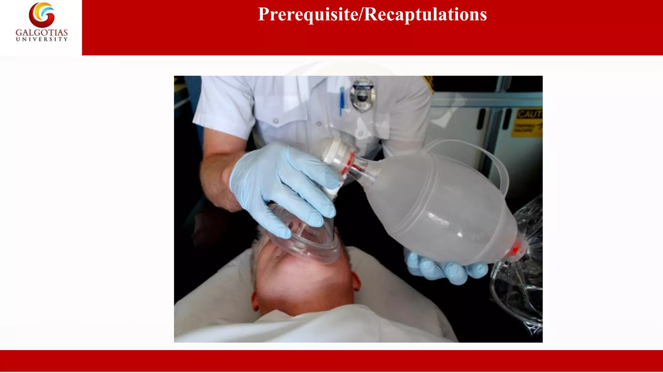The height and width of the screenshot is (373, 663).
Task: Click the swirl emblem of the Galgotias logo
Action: (42, 15)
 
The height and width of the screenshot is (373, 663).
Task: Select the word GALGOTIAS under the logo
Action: (42, 33)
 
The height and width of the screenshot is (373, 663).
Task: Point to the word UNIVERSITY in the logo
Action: (42, 39)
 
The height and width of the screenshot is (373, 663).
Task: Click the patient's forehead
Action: (301, 285)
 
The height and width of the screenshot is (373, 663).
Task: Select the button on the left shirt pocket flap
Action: (276, 121)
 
